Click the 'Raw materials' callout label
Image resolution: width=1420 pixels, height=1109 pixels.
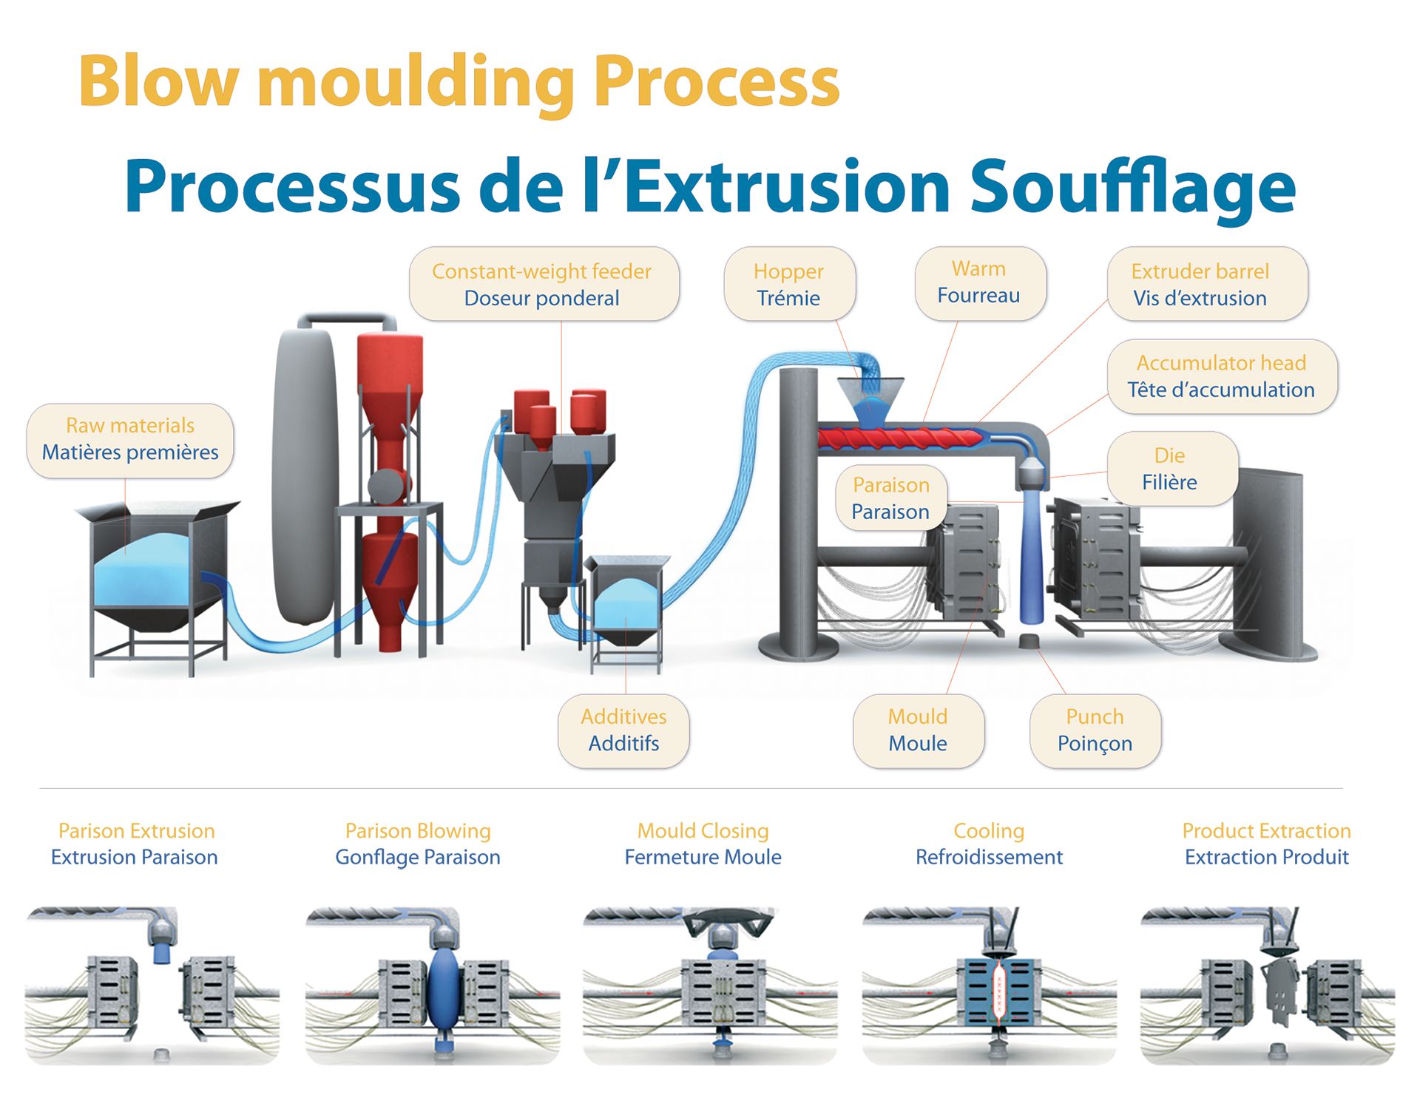pos(130,440)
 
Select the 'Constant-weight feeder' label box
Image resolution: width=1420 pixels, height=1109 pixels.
pos(544,284)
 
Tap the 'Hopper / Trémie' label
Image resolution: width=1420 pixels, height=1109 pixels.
pos(789,284)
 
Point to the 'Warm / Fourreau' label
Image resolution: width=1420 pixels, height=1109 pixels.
pos(980,283)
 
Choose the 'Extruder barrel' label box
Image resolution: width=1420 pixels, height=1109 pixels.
pos(1207,284)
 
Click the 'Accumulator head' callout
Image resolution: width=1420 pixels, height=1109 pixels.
pos(1222,376)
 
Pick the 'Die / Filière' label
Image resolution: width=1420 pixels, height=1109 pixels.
pos(1171,469)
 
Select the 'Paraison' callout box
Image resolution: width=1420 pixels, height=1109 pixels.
pos(891,498)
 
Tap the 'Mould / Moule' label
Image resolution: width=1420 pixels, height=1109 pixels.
pos(919,730)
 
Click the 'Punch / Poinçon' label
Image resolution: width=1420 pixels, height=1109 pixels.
pos(1095,730)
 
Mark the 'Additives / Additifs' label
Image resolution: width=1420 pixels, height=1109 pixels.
pos(623,730)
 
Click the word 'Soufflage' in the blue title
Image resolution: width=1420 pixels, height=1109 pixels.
pos(1132,188)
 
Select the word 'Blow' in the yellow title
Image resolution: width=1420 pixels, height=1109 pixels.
pos(159,81)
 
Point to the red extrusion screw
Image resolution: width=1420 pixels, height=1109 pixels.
pos(901,438)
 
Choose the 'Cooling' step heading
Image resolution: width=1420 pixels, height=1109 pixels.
pos(989,831)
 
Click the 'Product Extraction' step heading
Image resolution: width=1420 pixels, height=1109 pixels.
pos(1266,831)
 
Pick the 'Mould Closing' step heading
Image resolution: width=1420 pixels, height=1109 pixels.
pos(703,831)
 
